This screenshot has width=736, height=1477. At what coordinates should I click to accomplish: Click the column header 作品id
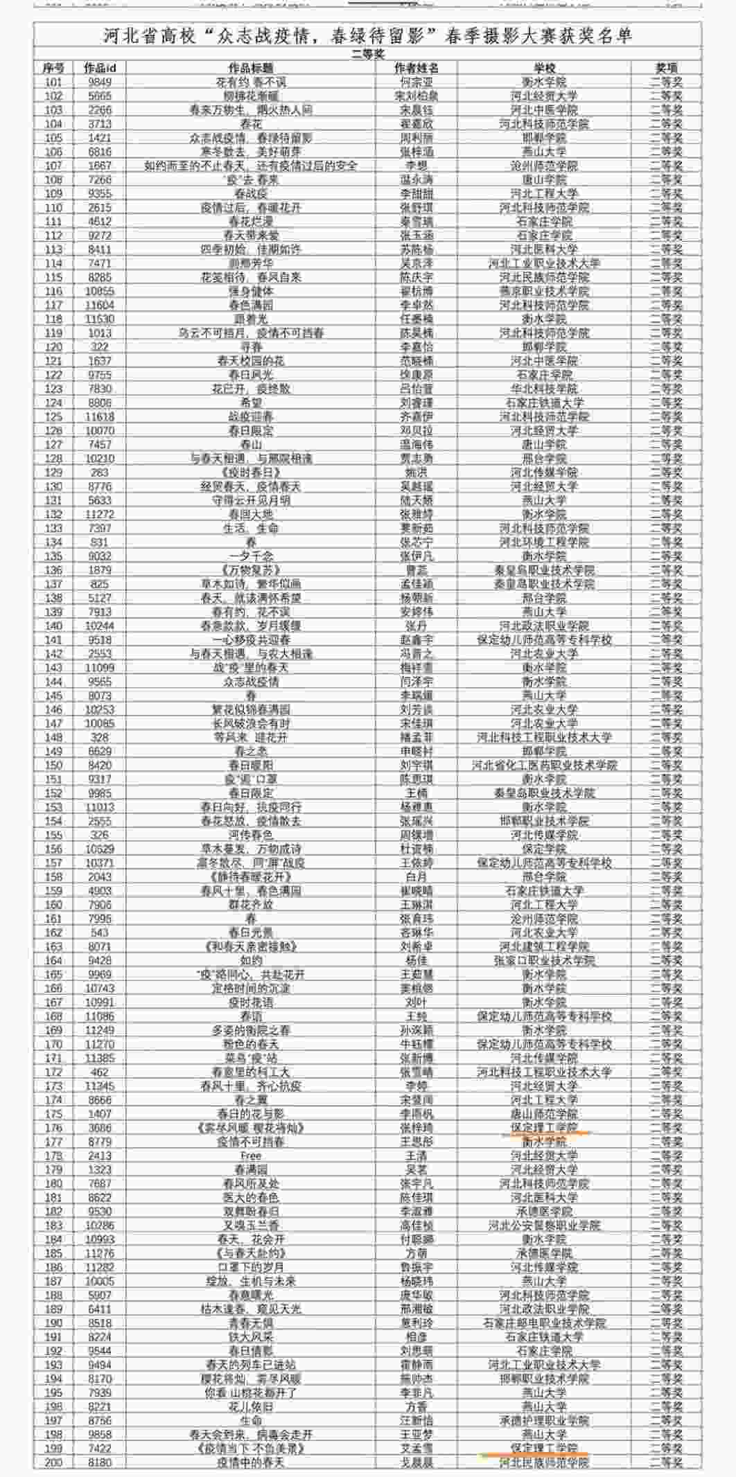coord(100,68)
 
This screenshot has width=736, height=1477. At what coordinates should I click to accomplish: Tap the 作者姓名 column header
coord(416,68)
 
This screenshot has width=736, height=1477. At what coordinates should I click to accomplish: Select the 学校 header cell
coord(544,68)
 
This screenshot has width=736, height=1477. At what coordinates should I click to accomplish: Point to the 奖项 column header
coord(666,68)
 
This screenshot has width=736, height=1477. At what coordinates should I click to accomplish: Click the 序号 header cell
coord(53,68)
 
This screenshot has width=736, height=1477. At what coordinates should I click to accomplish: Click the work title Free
coord(251,1155)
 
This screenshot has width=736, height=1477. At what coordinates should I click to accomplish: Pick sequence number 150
coord(53,765)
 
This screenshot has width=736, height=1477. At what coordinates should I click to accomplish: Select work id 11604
coord(100,305)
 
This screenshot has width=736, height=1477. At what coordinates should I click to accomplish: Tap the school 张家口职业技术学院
coord(544,960)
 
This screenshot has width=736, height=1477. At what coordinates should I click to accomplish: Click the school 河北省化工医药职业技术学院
coord(544,765)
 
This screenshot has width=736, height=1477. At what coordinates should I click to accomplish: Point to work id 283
coord(100,472)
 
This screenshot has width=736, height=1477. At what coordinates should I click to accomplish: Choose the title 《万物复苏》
coord(251,569)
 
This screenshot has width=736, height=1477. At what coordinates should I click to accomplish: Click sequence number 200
coord(53,1462)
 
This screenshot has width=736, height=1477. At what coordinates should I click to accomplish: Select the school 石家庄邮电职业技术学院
coord(544,1323)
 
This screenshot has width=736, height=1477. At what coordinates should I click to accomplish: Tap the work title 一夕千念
coord(251,556)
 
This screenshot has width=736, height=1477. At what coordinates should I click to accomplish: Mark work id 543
coord(100,932)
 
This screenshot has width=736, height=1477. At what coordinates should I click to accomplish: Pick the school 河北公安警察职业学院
coord(544,1225)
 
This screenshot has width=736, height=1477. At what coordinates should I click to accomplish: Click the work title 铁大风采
coord(251,1336)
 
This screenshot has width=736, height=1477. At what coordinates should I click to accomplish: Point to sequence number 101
coord(53,82)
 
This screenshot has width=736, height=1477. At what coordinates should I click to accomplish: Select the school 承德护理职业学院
coord(544,1420)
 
